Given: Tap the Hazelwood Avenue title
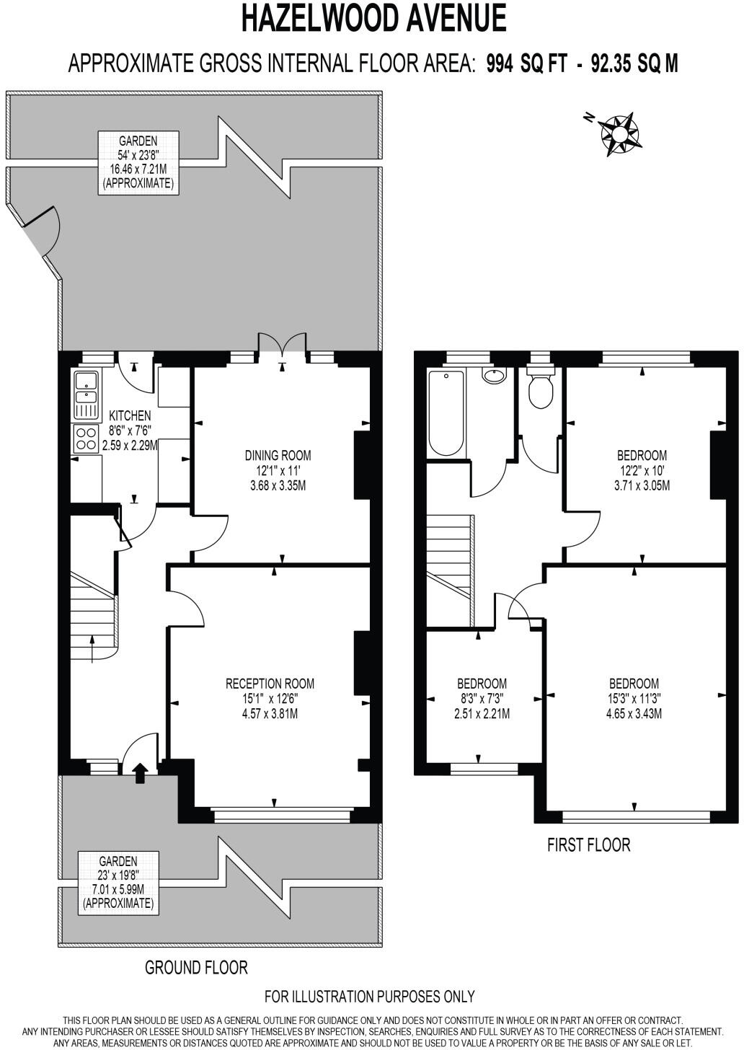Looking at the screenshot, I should [373, 19].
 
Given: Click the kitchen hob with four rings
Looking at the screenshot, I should [86, 438].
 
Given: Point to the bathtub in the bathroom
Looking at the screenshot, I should [446, 413].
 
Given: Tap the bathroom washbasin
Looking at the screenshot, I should [494, 376].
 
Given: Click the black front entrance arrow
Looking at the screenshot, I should [141, 774].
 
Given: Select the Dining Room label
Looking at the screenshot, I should [278, 470].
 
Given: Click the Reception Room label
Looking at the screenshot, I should [270, 698].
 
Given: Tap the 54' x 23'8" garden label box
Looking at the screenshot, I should [138, 162].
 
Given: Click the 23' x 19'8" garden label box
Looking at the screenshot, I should [118, 881].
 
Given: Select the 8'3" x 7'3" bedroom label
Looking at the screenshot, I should [482, 698].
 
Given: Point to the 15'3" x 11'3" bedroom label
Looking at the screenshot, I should [634, 698].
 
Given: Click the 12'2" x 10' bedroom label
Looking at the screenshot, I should [642, 470].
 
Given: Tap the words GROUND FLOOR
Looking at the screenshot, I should [196, 967].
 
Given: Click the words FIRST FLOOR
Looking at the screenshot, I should [588, 844].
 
